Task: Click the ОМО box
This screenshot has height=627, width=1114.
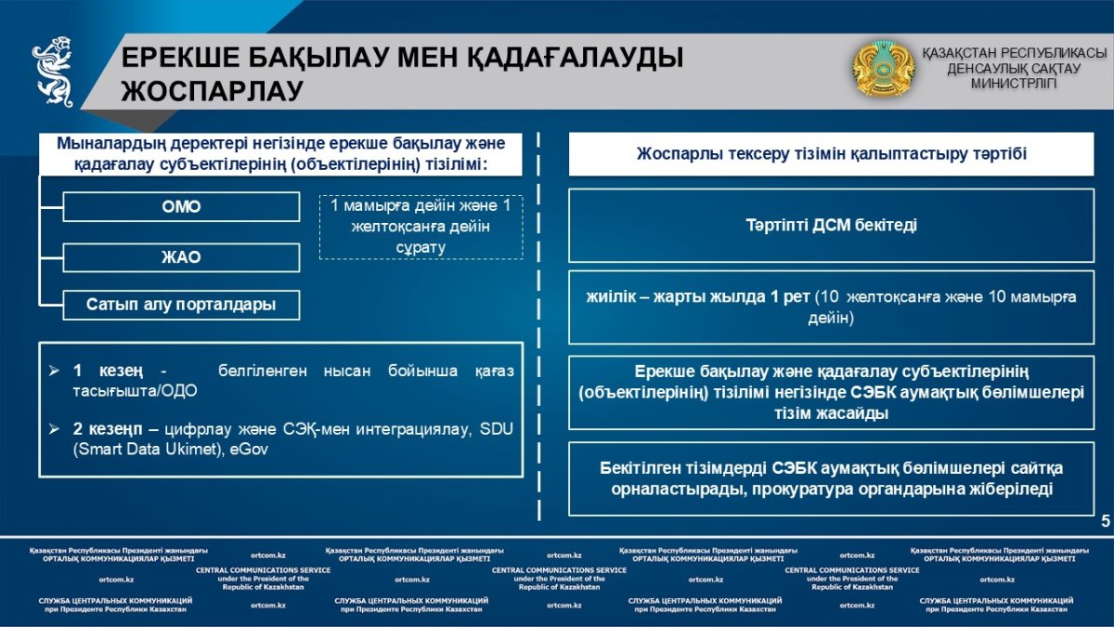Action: (x=181, y=206)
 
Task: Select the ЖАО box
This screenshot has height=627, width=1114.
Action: (x=181, y=257)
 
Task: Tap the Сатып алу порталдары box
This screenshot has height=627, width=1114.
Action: (x=181, y=305)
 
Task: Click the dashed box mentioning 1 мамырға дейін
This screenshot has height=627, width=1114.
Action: (x=421, y=226)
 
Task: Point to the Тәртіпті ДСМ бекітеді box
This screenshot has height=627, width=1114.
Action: (x=832, y=226)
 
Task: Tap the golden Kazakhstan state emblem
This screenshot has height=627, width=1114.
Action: (x=883, y=69)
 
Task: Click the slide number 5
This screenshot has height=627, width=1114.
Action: (x=1105, y=521)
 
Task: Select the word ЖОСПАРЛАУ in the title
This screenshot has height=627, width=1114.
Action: (x=213, y=91)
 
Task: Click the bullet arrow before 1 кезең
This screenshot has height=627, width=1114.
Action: (x=55, y=371)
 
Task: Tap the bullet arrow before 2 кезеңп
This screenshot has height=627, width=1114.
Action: (x=55, y=428)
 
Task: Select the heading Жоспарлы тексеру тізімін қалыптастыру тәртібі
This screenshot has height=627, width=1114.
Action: (x=832, y=154)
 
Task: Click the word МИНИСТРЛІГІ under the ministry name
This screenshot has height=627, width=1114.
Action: (x=1014, y=83)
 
